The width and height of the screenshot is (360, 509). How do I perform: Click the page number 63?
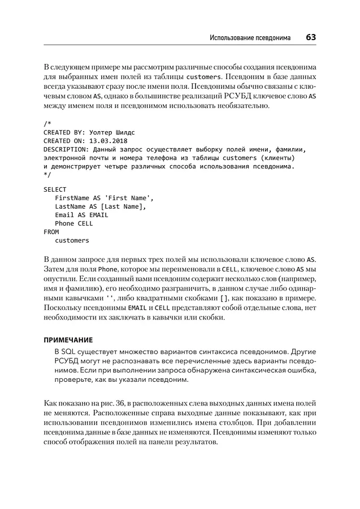click(310, 37)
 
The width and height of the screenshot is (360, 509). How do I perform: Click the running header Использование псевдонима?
click(250, 38)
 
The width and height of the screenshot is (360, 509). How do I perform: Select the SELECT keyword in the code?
click(55, 189)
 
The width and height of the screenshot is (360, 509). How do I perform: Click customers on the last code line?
click(72, 240)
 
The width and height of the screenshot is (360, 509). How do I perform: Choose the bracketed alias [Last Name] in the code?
click(122, 206)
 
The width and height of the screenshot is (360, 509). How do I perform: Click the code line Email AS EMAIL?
click(81, 215)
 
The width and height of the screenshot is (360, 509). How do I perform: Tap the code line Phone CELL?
click(74, 223)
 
